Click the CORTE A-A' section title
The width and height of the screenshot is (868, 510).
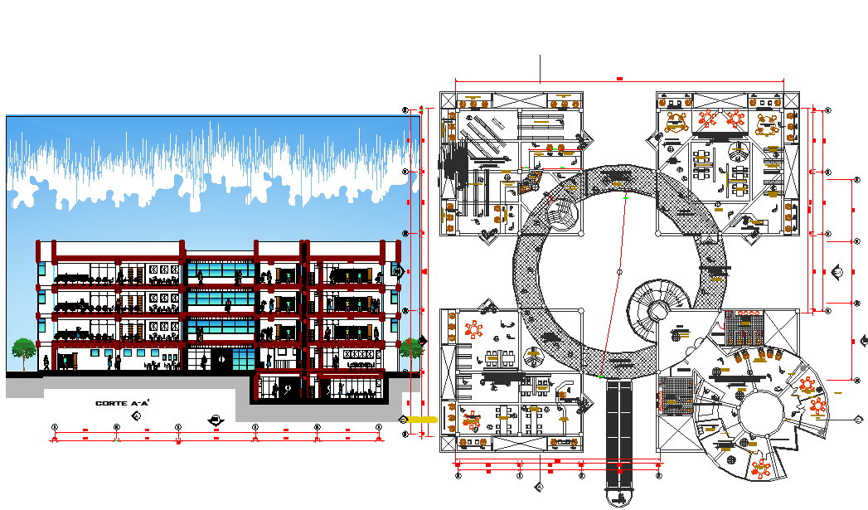tap(121, 403)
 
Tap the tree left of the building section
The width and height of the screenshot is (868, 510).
tap(23, 351)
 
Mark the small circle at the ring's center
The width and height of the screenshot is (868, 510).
tap(620, 272)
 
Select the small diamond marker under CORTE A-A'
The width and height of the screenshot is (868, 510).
tap(135, 413)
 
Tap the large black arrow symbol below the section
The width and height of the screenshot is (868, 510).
tap(216, 420)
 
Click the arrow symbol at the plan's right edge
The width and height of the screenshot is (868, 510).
tap(837, 271)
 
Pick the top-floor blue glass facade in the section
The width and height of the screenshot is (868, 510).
tap(220, 271)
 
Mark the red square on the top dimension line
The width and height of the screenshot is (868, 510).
tap(619, 79)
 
